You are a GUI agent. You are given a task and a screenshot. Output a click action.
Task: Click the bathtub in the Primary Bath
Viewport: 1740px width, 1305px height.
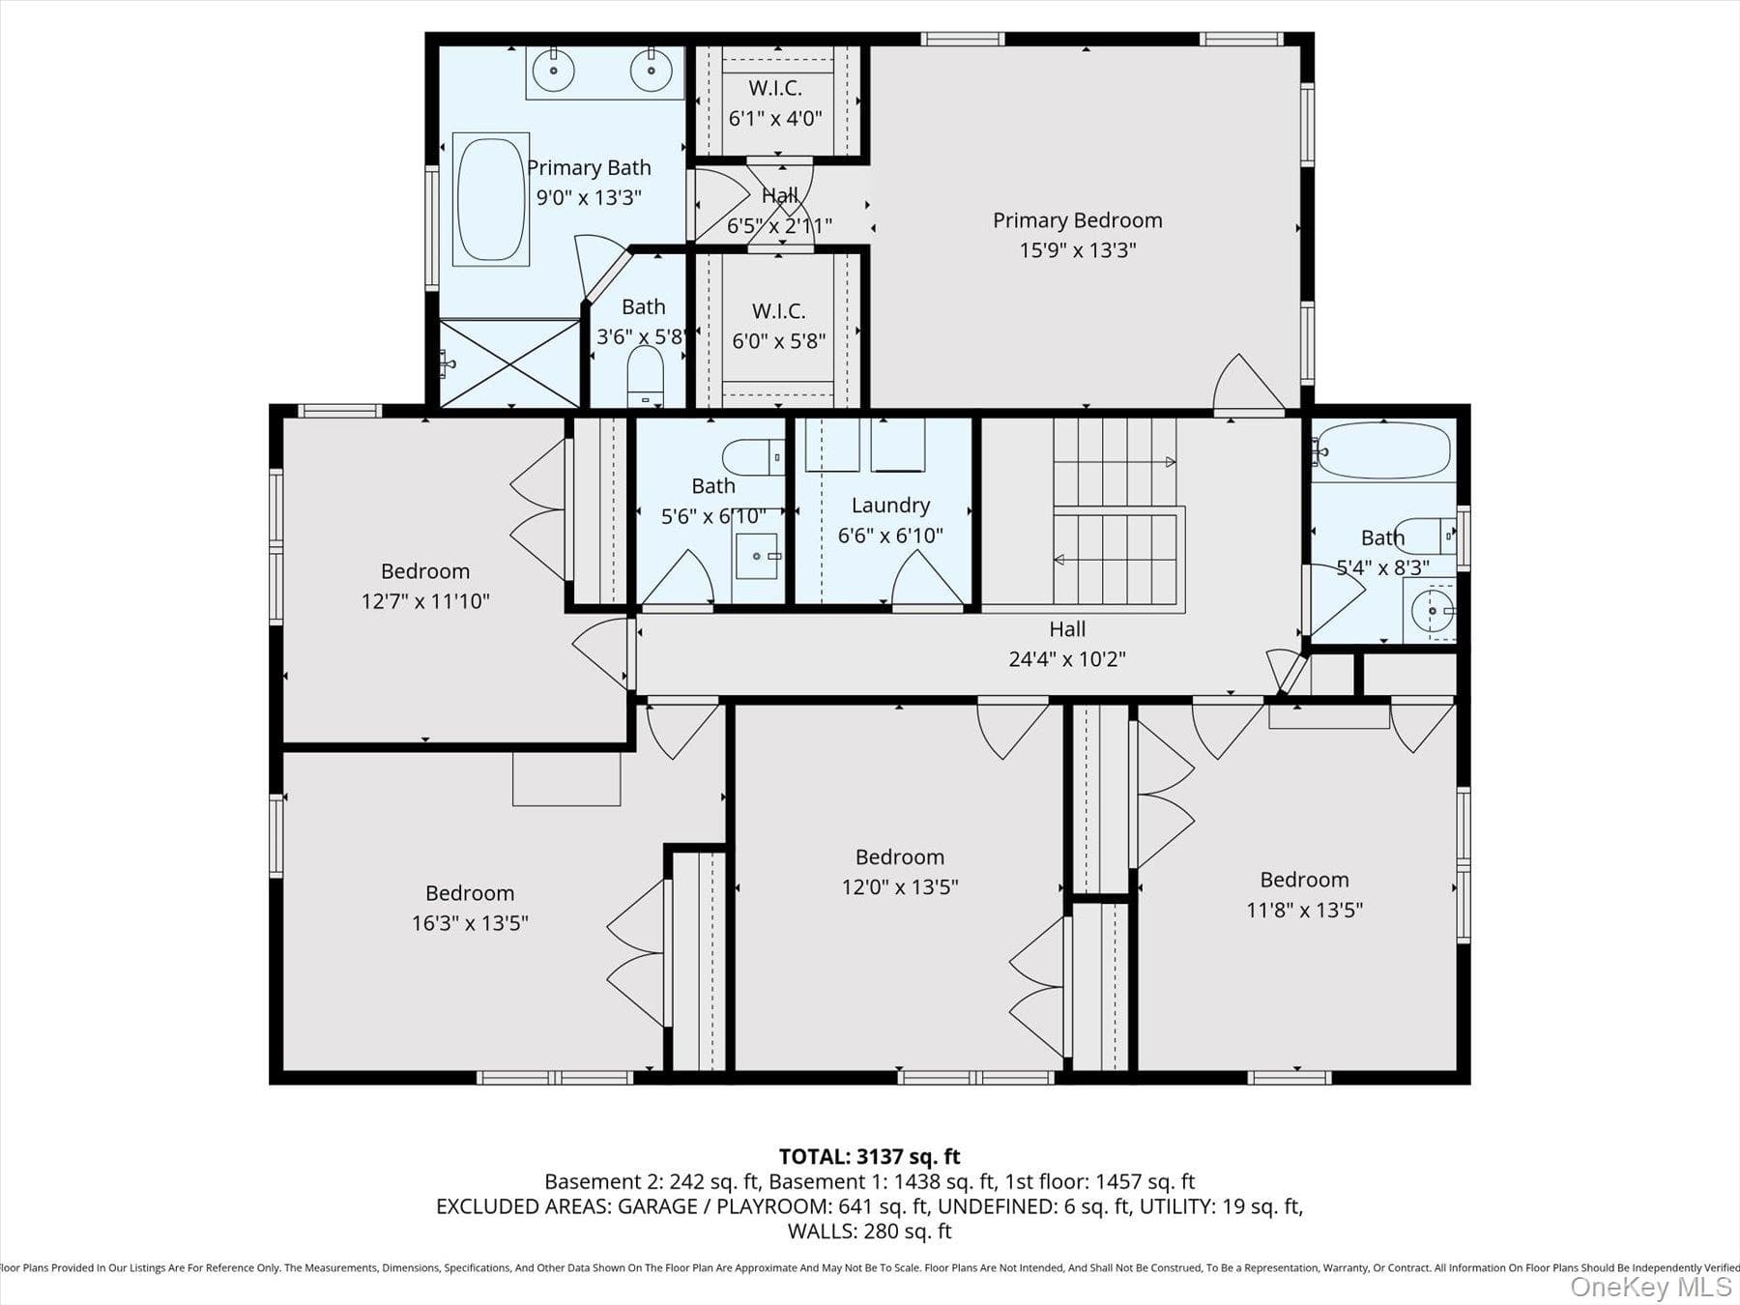point(491,199)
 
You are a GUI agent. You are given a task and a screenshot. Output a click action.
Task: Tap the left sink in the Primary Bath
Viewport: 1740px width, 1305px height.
point(554,71)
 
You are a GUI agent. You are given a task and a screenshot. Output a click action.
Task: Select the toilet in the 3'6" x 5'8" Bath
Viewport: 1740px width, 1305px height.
point(646,376)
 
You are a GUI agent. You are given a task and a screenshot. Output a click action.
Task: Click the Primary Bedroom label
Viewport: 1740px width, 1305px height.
point(1078,220)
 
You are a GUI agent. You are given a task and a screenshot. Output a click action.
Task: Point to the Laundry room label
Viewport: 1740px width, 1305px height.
point(890,506)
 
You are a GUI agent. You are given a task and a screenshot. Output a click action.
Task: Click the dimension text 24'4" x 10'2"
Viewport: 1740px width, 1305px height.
point(1067,659)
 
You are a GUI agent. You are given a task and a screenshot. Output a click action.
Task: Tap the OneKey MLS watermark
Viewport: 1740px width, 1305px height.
point(1651,1287)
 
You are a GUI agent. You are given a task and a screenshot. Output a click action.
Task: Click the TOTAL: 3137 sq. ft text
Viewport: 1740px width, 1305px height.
point(870,1156)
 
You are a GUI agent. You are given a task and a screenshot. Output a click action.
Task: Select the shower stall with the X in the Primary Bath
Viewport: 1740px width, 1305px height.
point(509,363)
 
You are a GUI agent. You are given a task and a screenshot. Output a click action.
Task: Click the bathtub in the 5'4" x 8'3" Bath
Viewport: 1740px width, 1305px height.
point(1383,450)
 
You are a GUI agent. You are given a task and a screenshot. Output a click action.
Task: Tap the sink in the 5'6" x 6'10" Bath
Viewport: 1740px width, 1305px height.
point(756,556)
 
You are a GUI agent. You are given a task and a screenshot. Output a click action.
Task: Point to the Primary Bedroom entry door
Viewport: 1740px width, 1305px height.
point(1248,383)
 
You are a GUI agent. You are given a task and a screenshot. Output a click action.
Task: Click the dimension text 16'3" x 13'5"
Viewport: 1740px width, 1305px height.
point(470,923)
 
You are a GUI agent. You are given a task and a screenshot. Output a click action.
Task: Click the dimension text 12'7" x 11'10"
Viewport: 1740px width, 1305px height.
point(425,601)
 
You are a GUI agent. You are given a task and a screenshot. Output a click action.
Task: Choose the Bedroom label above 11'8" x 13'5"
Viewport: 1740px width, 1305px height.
point(1304,880)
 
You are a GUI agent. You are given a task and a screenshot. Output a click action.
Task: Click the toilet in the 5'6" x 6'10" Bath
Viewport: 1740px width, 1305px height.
point(753,456)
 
